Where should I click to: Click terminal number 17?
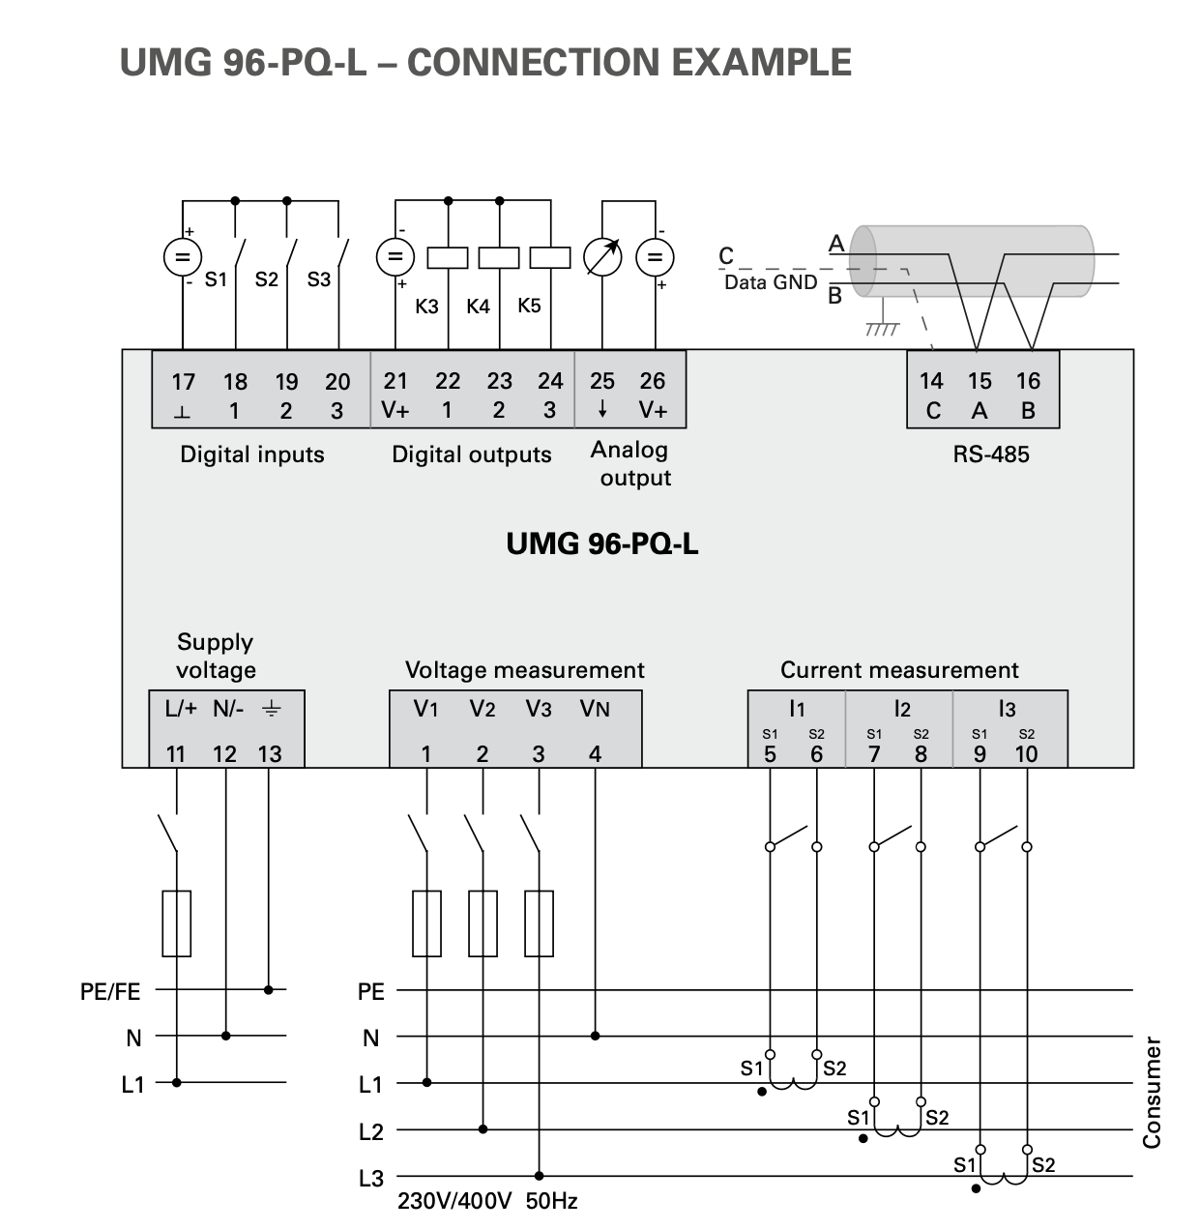tap(184, 382)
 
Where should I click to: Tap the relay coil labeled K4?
tap(499, 258)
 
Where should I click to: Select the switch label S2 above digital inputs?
tap(267, 279)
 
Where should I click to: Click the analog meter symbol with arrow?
tap(602, 257)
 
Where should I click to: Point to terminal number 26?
tap(653, 381)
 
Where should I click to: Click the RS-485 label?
tap(990, 454)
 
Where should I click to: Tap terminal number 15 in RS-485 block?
tap(980, 381)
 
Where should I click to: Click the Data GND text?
tap(771, 282)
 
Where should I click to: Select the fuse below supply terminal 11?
tap(176, 923)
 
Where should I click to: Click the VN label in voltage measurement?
tap(595, 709)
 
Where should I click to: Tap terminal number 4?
tap(595, 754)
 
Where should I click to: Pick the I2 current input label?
tap(902, 709)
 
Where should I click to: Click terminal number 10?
tap(1027, 754)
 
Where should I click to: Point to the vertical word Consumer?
tap(1152, 1093)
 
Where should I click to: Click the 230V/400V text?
tap(454, 1201)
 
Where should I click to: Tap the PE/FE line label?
tap(110, 992)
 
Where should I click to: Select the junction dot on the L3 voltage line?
tap(539, 1176)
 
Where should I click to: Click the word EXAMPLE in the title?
tap(761, 62)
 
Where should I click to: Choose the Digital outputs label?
tap(472, 455)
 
